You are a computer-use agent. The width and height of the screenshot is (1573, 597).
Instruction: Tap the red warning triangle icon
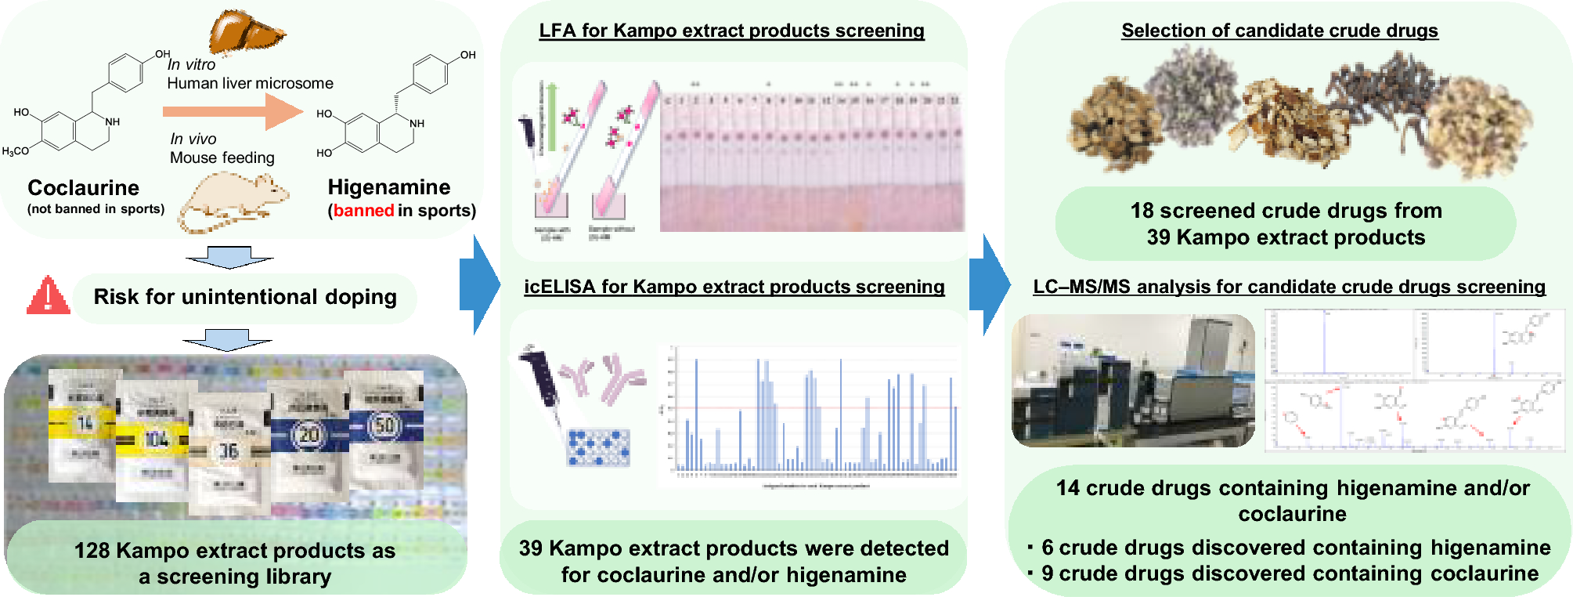tap(48, 296)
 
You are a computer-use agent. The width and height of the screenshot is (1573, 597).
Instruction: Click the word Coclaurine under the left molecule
tap(83, 188)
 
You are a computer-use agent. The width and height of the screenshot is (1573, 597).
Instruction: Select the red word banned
tap(363, 211)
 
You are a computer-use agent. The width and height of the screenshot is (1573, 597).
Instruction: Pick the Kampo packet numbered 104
tap(155, 440)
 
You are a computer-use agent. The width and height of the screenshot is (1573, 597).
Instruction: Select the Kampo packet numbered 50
tap(385, 427)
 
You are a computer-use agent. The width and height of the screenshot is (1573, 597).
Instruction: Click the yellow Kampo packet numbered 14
tap(84, 424)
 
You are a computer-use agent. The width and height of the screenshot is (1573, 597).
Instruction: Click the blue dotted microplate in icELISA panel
tap(598, 447)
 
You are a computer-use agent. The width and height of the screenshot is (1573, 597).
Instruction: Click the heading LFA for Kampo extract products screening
tap(731, 31)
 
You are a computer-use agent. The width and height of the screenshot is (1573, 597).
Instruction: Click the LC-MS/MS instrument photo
tap(1133, 381)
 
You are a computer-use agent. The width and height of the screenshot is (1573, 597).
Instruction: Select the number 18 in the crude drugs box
tap(1142, 211)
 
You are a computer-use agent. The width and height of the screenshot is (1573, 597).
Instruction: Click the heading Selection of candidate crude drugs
tap(1279, 31)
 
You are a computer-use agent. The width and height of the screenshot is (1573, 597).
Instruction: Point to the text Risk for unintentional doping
tap(245, 297)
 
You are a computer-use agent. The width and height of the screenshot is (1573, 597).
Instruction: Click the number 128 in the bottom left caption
tap(92, 551)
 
